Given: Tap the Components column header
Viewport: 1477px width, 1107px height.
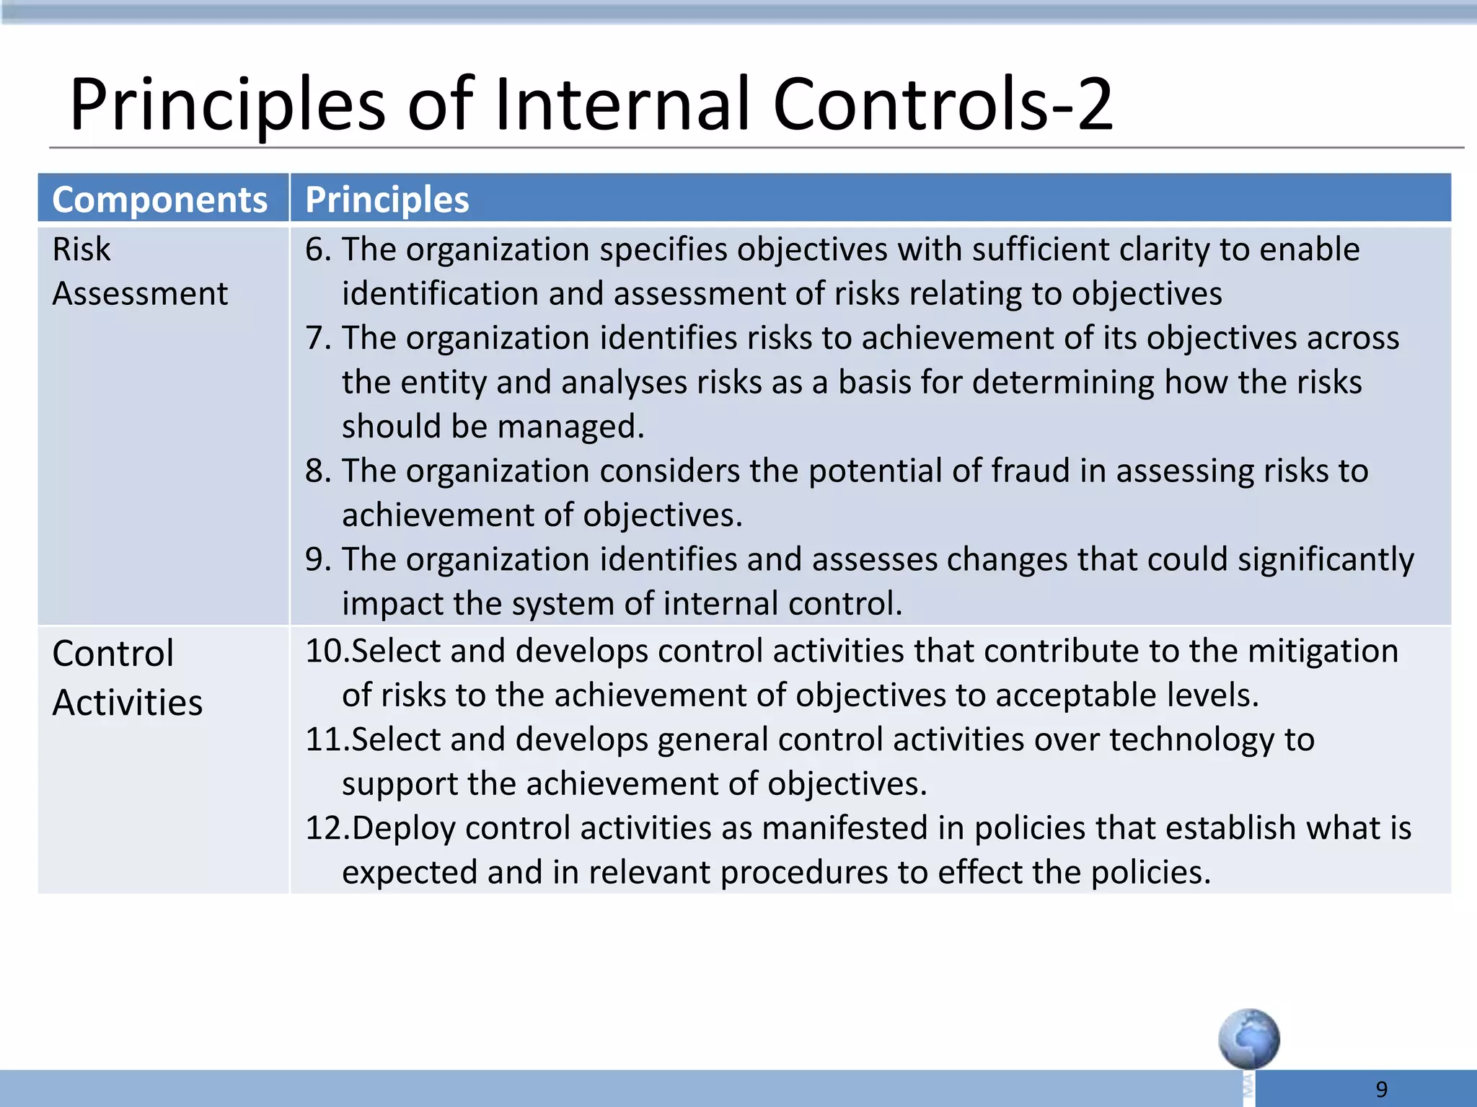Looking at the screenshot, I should coord(159,200).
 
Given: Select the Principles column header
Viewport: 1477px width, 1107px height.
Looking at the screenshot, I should coord(387,200).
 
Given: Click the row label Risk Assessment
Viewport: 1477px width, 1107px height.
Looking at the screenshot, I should coord(139,272).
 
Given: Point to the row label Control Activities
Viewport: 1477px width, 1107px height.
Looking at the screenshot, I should coord(127,677).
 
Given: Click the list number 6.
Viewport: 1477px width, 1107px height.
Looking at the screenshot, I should coord(317,250).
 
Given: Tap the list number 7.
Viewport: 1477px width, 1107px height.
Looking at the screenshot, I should coord(317,339).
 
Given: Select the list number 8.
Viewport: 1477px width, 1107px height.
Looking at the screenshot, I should coord(317,471).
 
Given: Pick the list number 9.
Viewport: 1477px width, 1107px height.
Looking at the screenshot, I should coord(317,560).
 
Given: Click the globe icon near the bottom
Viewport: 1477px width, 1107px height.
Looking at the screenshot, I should coord(1248,1039).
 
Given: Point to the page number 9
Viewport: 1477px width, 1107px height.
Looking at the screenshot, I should coord(1381,1089).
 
